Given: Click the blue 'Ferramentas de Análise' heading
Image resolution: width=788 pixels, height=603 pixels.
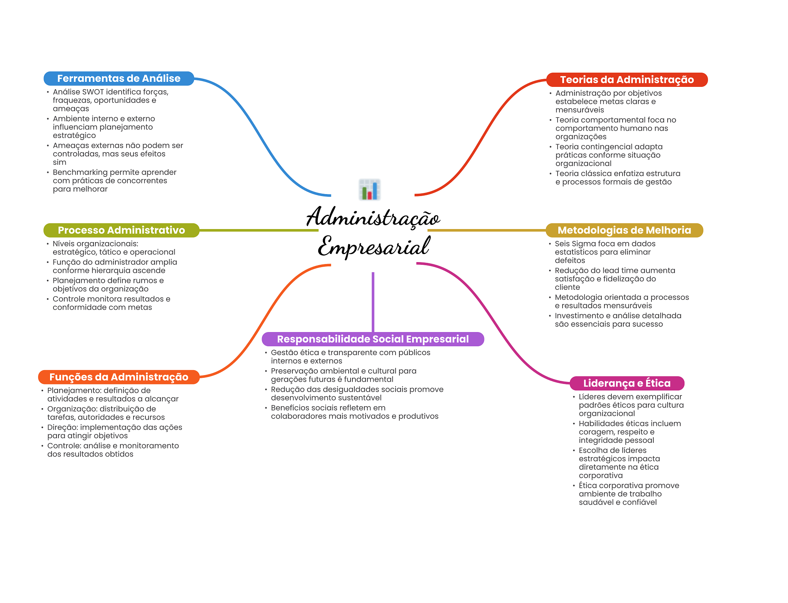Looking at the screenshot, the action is (x=119, y=78).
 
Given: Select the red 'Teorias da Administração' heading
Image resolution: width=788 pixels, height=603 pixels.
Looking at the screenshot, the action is (x=627, y=80).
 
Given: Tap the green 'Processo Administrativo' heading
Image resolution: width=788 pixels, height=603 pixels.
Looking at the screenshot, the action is (x=121, y=230).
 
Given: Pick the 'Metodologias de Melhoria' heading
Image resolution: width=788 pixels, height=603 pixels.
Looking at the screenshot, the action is (x=624, y=230).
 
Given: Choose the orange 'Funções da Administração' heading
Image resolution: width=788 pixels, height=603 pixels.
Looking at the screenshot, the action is (x=119, y=377).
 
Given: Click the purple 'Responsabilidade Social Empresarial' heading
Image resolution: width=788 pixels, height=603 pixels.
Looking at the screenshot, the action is (x=372, y=339).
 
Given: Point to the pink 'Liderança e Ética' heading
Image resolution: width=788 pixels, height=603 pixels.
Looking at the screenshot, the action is (x=627, y=383).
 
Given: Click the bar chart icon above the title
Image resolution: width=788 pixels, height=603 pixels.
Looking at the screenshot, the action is (x=370, y=189).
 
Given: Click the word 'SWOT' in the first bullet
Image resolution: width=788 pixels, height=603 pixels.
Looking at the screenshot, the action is (x=93, y=92).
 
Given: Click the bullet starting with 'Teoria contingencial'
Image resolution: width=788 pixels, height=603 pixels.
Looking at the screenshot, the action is (x=609, y=155).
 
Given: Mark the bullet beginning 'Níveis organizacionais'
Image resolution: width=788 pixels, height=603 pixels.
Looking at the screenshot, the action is (x=114, y=248).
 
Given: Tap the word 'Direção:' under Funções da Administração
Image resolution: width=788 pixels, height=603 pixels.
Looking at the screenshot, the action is (x=63, y=427).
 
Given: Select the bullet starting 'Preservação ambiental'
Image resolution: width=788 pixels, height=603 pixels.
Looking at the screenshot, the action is (x=343, y=375).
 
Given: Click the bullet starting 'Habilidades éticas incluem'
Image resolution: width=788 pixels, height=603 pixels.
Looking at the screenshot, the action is (x=629, y=432).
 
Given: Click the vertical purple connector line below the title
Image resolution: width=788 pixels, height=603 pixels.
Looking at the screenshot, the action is (x=373, y=302).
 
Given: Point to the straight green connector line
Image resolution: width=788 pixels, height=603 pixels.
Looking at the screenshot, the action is (x=259, y=230).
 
